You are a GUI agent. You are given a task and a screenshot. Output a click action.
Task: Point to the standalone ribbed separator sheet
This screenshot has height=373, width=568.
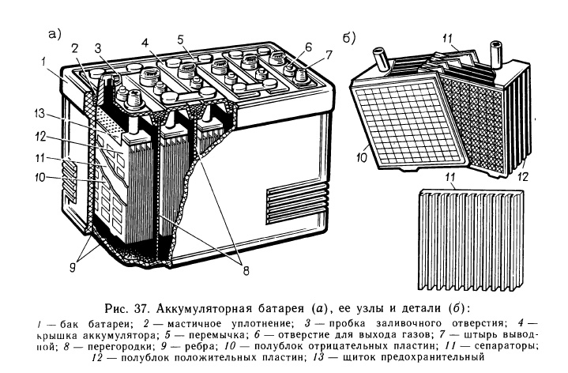click(x=469, y=230)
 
